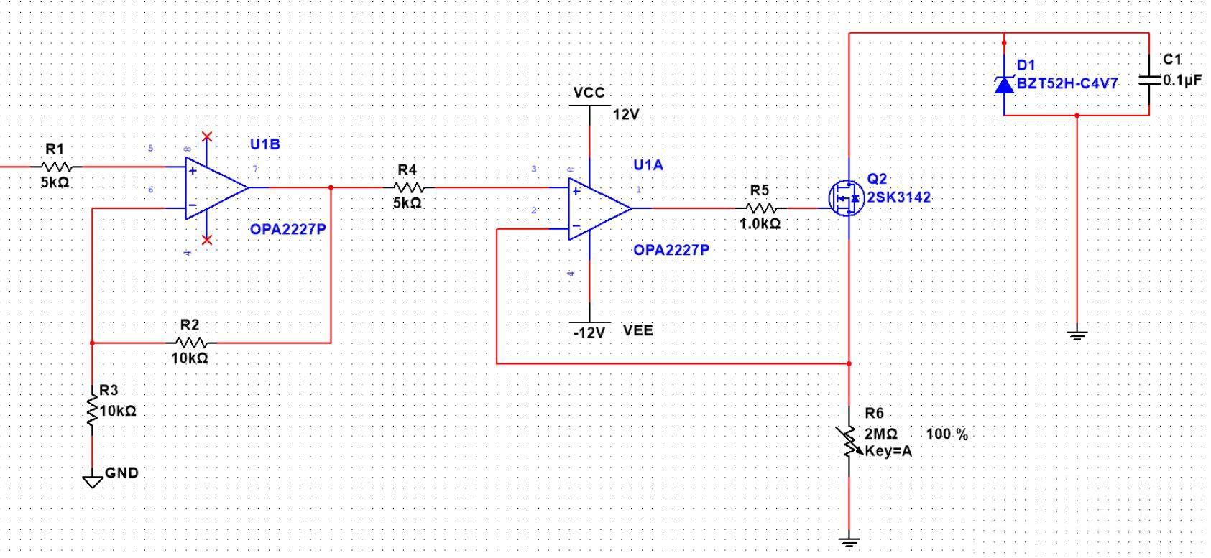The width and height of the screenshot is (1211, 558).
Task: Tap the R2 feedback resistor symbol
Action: click(190, 343)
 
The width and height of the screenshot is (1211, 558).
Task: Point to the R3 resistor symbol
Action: click(92, 411)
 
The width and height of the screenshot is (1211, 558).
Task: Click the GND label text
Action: click(121, 473)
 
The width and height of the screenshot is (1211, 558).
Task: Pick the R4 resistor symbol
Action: click(407, 187)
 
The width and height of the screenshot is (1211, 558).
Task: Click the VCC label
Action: click(589, 93)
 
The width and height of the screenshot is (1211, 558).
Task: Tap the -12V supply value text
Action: click(589, 333)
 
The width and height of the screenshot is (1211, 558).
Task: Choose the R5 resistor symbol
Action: click(760, 208)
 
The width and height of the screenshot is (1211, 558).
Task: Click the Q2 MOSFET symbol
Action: click(846, 197)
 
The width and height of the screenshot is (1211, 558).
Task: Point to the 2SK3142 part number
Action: click(898, 197)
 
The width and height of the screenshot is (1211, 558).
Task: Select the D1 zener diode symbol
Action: click(1004, 85)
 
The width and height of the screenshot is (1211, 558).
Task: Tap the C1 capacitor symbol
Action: click(1148, 80)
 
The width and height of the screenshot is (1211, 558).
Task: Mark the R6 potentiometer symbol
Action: click(849, 442)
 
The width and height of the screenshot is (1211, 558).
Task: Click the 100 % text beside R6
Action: click(947, 434)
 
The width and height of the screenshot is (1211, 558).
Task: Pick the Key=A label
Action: click(888, 451)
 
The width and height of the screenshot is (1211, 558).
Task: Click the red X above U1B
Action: click(207, 136)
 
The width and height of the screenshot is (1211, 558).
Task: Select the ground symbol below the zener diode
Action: click(1077, 333)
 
